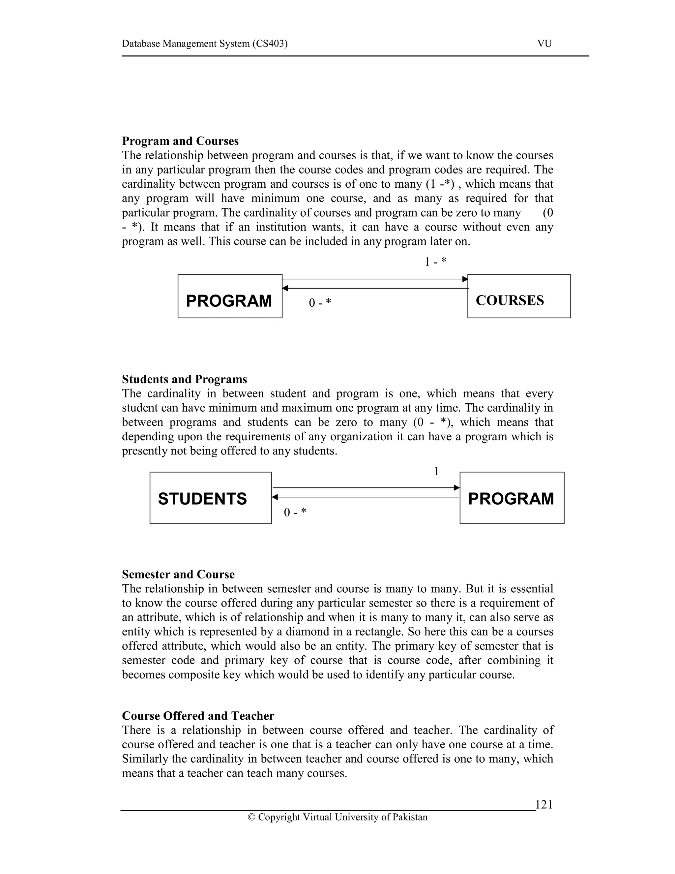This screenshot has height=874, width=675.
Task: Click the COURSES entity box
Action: [x=519, y=296]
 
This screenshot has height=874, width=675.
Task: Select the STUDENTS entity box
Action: [x=210, y=497]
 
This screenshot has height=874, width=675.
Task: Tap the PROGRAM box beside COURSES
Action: [x=230, y=296]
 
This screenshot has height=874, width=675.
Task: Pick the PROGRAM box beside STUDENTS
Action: [x=512, y=497]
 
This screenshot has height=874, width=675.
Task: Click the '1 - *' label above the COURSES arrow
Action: [x=435, y=262]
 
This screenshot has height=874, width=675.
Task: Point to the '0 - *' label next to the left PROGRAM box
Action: [x=320, y=303]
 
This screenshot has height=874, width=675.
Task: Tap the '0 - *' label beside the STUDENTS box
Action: [x=295, y=512]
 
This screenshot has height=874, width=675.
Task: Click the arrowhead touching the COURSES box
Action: [x=465, y=279]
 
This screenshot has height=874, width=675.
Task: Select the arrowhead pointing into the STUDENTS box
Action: [x=275, y=497]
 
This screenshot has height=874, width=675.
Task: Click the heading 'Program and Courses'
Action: [x=180, y=141]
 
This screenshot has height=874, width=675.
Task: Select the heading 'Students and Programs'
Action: [x=184, y=379]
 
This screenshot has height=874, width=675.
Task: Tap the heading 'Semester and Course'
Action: [x=178, y=574]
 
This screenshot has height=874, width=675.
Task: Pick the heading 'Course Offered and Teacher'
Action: [x=198, y=716]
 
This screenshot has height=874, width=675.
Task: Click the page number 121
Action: [x=543, y=804]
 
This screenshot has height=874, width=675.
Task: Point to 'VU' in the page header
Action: [x=544, y=44]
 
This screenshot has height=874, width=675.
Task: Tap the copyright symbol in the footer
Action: [x=251, y=817]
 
